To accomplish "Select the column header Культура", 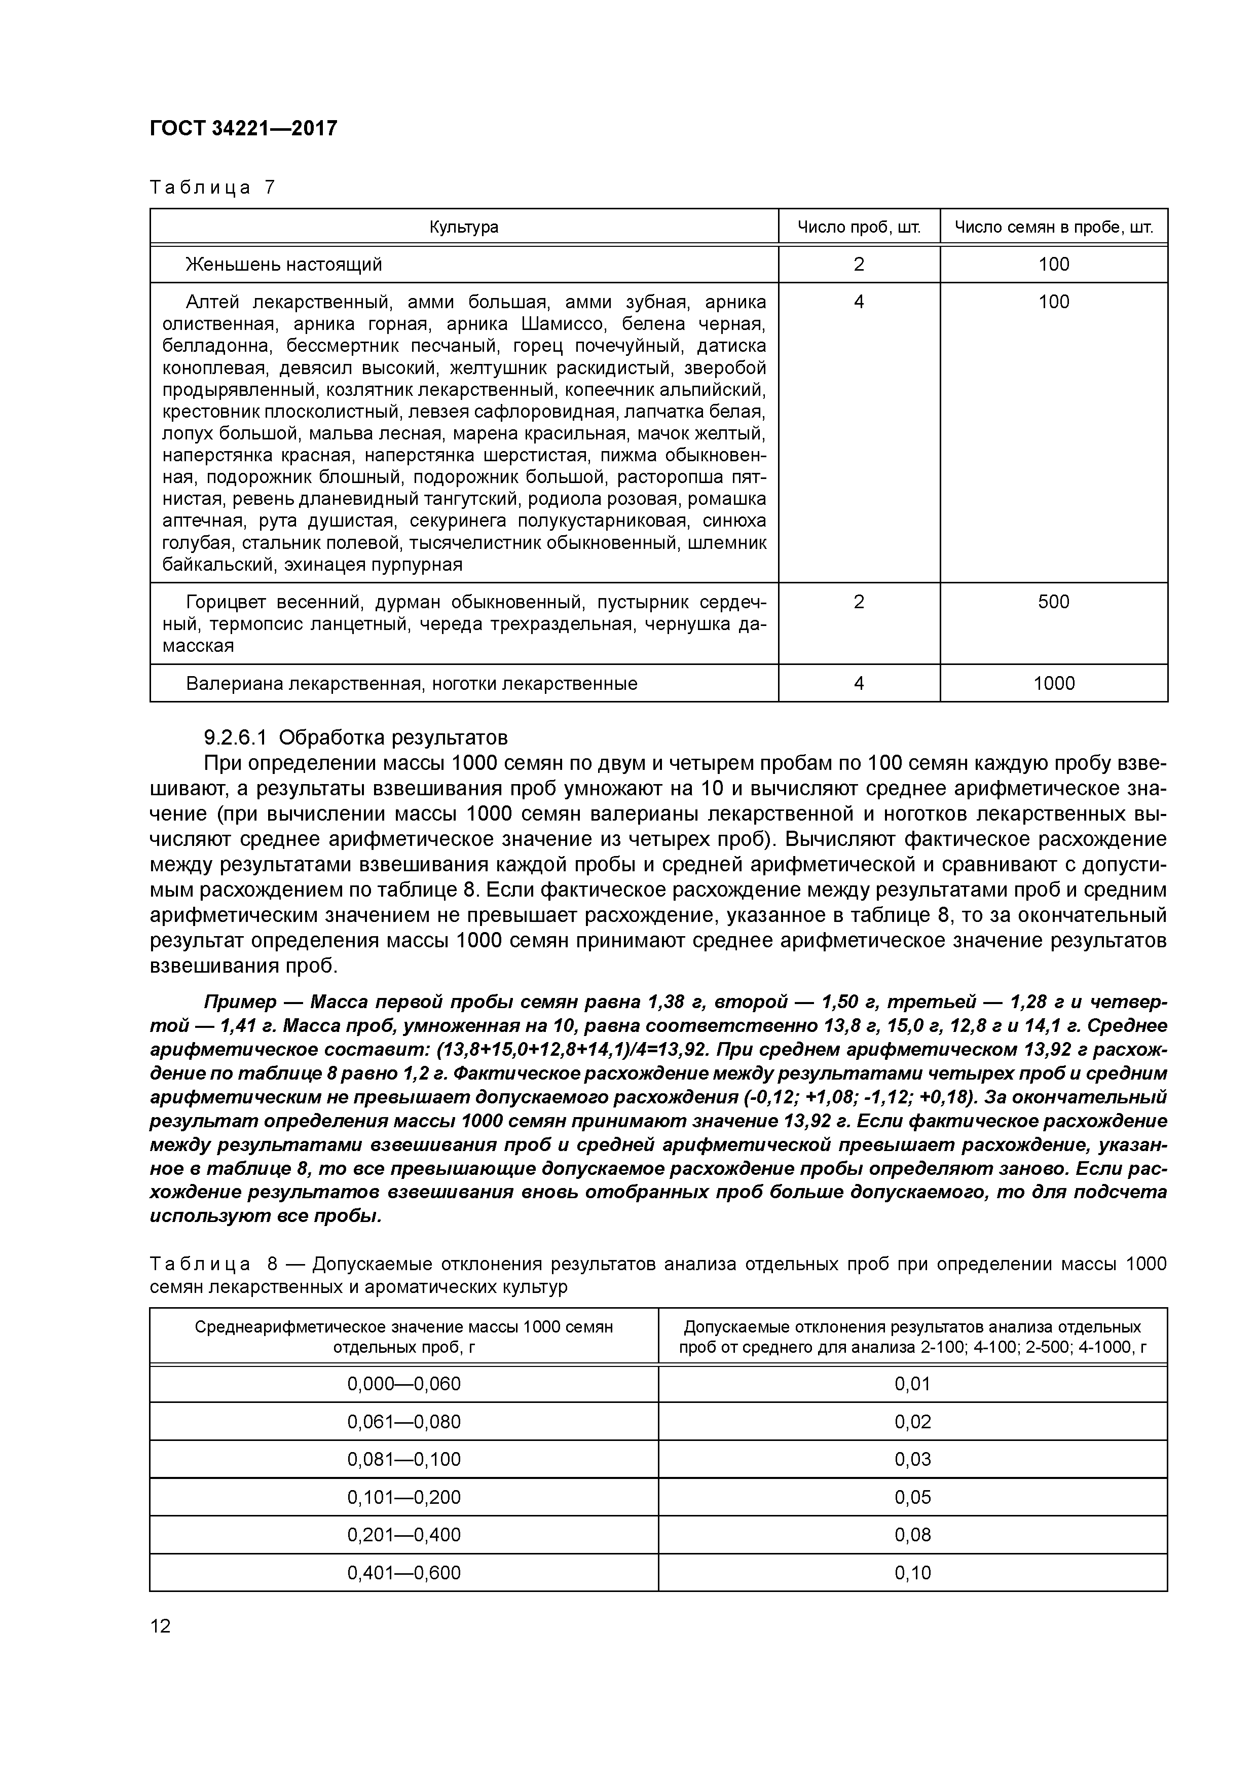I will pos(463,228).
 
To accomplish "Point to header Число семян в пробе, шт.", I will pos(1053,228).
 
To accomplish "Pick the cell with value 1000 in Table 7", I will pos(1053,684).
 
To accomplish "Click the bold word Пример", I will pos(239,1002).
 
